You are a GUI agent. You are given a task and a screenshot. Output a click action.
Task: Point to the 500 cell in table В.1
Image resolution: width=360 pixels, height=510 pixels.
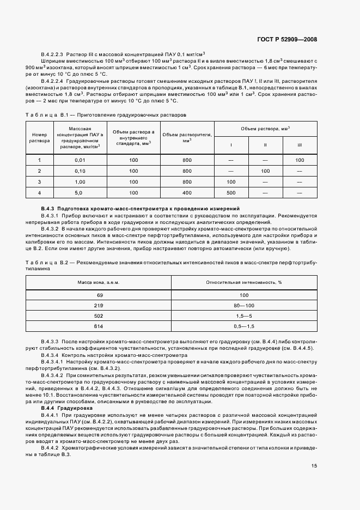coord(231,193)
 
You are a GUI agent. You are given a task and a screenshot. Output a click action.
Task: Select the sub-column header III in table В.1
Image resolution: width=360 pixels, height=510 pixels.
coord(300,145)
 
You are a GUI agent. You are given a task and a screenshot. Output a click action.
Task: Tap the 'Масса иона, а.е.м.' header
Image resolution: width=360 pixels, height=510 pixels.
coord(99,282)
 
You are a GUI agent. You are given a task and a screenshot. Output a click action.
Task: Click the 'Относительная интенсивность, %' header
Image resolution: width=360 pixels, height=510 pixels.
coord(243,282)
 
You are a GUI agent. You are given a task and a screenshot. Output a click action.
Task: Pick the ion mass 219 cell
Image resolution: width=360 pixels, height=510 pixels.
coord(100,306)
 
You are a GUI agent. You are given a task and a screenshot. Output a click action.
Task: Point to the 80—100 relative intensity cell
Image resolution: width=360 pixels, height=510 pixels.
coord(243,306)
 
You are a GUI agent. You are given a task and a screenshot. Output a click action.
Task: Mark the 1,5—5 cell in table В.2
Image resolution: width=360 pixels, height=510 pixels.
coord(243,315)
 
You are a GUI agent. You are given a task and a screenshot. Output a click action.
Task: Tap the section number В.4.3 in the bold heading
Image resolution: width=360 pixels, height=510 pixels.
coord(48,209)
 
